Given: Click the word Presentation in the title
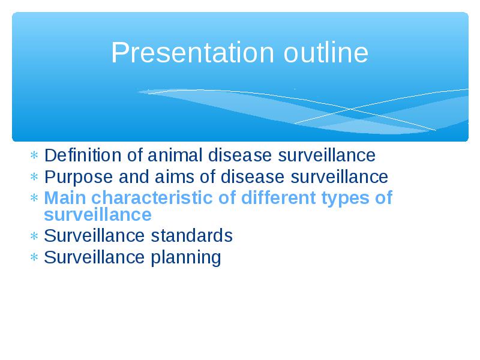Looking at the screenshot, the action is (192, 53).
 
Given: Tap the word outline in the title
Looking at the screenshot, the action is (326, 52).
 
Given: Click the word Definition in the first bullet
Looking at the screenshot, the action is (83, 155).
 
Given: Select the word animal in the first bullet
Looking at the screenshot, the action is (175, 155).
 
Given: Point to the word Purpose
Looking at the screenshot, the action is (78, 178).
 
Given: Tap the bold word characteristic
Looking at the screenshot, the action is (152, 197).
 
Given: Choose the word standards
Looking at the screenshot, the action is (191, 236).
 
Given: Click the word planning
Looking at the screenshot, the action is (186, 258).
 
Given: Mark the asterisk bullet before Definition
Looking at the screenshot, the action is (34, 155).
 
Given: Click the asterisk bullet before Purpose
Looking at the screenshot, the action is (34, 176).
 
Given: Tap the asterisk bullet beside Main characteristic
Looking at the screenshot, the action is (34, 197).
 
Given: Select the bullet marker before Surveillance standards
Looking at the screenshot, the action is (34, 236).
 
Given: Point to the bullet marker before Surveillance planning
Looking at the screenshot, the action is (34, 257).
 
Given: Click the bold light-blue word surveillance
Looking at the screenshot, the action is (98, 214).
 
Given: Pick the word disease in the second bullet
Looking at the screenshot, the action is (253, 176).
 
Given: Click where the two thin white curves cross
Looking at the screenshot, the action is (351, 109).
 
